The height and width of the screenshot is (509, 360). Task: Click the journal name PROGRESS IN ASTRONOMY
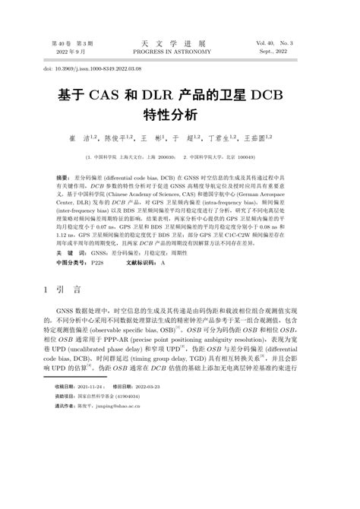(180, 54)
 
